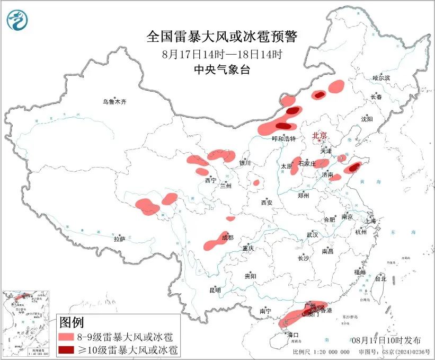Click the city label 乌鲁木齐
pyautogui.click(x=115, y=102)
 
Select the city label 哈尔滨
pyautogui.click(x=381, y=78)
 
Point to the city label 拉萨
pyautogui.click(x=119, y=239)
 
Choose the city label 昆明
pyautogui.click(x=215, y=290)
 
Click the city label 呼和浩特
pyautogui.click(x=283, y=138)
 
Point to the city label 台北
pyautogui.click(x=380, y=278)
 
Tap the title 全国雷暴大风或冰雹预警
pyautogui.click(x=222, y=37)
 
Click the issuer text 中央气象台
pyautogui.click(x=222, y=69)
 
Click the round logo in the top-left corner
pyautogui.click(x=17, y=20)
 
